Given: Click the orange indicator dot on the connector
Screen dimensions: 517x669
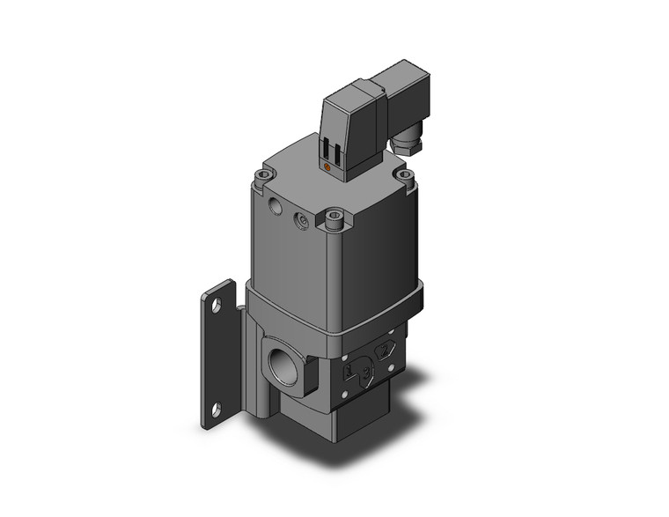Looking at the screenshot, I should tap(328, 166).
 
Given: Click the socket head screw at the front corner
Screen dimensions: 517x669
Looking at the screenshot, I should tap(334, 217).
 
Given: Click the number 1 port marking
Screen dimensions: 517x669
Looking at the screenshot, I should tap(349, 371).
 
